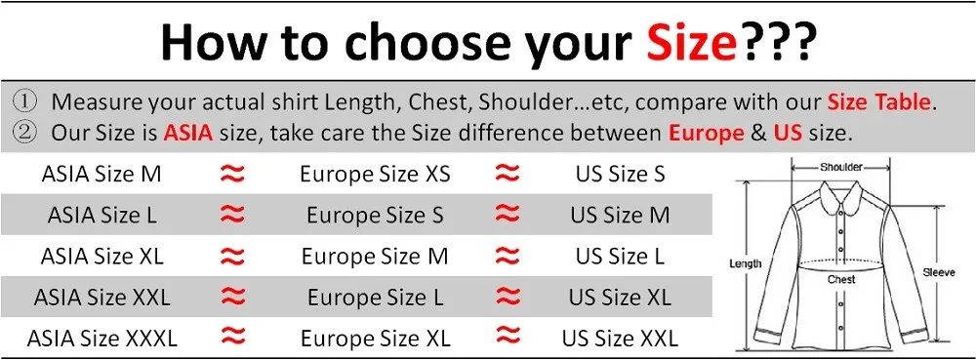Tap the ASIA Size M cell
click(x=102, y=175)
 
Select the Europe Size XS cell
click(x=375, y=175)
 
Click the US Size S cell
click(x=620, y=175)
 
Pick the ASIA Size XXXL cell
click(x=102, y=339)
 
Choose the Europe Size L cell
click(x=375, y=298)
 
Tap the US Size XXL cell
click(x=620, y=339)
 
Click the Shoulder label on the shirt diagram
click(x=841, y=167)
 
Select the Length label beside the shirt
click(x=745, y=263)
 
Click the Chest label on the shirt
click(x=841, y=279)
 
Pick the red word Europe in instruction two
click(x=706, y=132)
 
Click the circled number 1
click(x=25, y=101)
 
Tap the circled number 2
click(x=25, y=132)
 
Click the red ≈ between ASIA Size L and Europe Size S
click(x=232, y=216)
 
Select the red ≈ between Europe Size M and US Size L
click(x=507, y=257)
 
